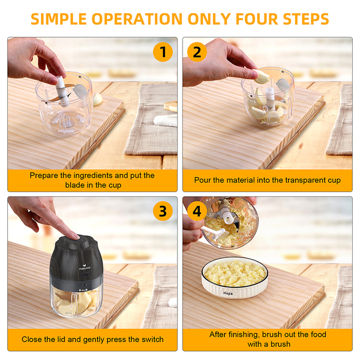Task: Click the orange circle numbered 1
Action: coord(163,52)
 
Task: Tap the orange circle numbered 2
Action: coord(197,52)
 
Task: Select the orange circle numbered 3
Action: coord(163,211)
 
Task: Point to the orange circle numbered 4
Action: coord(197,211)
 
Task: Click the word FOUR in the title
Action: coord(257,19)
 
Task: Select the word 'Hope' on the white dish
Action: coord(228,293)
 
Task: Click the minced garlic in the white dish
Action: coord(235,273)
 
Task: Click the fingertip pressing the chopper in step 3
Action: coord(74,235)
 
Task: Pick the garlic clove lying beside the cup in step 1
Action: coord(98,99)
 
